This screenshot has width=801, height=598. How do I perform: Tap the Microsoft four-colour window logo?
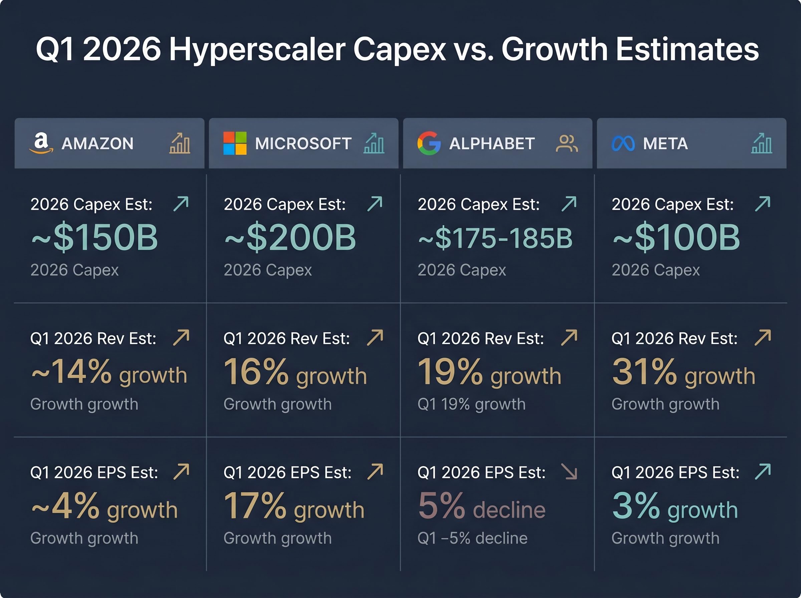(x=235, y=143)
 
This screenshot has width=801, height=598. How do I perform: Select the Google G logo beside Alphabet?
(x=429, y=143)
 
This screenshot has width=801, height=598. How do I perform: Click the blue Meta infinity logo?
(x=623, y=144)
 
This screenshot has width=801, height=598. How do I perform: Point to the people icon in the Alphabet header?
(x=566, y=143)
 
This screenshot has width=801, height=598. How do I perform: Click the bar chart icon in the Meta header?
(x=762, y=143)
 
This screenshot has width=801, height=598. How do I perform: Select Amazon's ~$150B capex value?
(x=95, y=238)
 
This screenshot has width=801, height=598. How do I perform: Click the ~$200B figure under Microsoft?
(x=290, y=238)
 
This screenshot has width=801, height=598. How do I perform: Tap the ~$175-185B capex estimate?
(x=495, y=238)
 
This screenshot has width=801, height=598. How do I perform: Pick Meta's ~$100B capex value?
(x=676, y=238)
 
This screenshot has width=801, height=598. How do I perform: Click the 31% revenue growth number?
(x=644, y=372)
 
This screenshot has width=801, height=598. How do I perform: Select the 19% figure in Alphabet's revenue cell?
(x=450, y=372)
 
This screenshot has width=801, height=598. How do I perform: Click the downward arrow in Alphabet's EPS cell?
(x=569, y=472)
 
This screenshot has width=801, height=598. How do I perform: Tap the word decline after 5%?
(x=509, y=510)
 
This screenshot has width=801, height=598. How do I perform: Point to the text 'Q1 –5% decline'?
(x=472, y=538)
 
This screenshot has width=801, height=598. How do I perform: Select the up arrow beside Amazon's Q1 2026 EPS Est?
(x=181, y=472)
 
